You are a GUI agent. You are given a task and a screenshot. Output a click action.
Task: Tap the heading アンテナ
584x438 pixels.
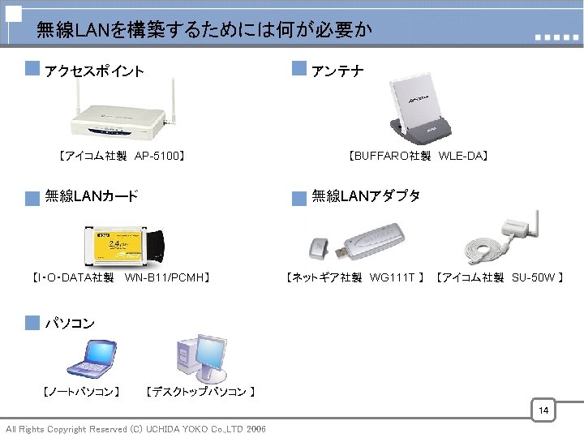point(337,71)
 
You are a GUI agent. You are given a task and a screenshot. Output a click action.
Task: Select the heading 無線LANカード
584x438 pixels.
point(92,195)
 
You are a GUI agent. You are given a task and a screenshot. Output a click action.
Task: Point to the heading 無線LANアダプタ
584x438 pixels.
point(366,195)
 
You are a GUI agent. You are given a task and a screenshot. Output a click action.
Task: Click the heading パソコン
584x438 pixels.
point(70,323)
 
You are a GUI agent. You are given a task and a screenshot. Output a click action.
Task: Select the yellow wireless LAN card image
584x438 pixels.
point(122,243)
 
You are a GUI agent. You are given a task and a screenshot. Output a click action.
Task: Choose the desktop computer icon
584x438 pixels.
point(202,356)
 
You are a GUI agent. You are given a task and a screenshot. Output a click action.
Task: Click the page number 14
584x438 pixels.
point(543,411)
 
